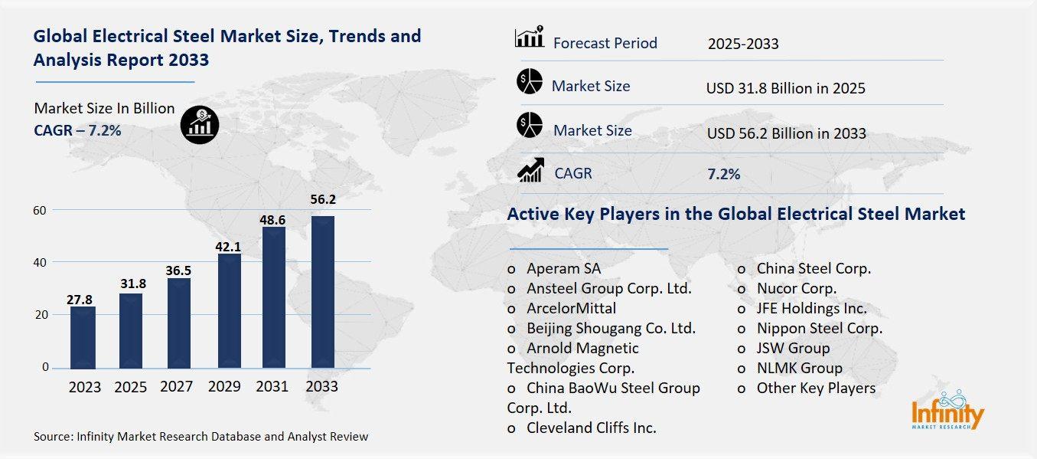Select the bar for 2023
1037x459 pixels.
coord(83,337)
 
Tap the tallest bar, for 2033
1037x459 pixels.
coord(322,291)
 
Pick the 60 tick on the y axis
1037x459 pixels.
coord(40,210)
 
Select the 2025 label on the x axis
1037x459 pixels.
coord(131,387)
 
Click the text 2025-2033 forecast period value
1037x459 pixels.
coord(743,44)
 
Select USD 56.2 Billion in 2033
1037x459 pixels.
coord(786,133)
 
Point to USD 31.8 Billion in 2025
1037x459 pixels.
coord(785,89)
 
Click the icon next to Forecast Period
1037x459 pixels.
coord(529,37)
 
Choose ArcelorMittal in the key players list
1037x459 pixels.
coord(571,308)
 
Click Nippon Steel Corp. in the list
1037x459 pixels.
coord(819,328)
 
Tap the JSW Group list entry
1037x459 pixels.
coord(793,348)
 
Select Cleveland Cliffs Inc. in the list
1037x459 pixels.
coord(591,428)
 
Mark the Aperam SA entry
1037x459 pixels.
coord(563,268)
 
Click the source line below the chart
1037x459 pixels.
coord(201,437)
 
